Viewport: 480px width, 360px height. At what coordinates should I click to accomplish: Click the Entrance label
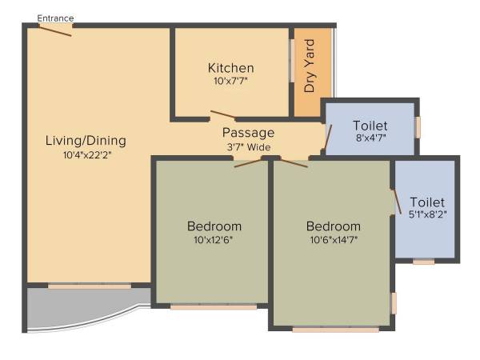tap(55, 18)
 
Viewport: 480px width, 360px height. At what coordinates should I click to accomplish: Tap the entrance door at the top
tap(55, 30)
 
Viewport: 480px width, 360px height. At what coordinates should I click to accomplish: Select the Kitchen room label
tap(230, 68)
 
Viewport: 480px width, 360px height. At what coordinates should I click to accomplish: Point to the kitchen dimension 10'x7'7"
tap(230, 82)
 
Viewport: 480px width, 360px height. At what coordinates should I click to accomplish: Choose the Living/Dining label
tap(86, 141)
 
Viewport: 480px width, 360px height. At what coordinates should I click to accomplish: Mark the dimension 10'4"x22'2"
tap(86, 155)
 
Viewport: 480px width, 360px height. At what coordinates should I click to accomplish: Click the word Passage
tap(248, 133)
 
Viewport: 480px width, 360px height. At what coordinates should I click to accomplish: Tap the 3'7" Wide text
tap(248, 147)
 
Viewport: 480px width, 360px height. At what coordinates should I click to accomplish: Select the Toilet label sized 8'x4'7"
tap(370, 126)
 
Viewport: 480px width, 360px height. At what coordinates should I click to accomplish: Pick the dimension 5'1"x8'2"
tap(426, 215)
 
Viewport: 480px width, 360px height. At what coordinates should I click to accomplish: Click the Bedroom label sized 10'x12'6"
tap(214, 226)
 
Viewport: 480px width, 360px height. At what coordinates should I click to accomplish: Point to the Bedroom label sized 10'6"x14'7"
tap(333, 226)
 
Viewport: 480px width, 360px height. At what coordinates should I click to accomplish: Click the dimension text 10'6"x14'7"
tap(333, 240)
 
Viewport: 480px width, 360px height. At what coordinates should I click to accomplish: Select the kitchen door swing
tap(222, 115)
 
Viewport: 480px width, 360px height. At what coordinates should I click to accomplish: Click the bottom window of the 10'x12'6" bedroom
tap(214, 306)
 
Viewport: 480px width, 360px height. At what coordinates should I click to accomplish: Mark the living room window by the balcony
tap(89, 286)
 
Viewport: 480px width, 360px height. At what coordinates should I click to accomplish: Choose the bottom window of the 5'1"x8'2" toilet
tap(423, 262)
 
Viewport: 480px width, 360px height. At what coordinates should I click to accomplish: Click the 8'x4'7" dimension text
tap(370, 139)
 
